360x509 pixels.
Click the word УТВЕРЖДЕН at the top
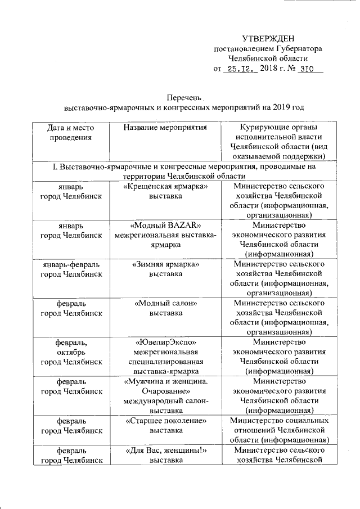tap(268, 38)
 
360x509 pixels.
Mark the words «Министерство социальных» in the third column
tap(280, 421)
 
